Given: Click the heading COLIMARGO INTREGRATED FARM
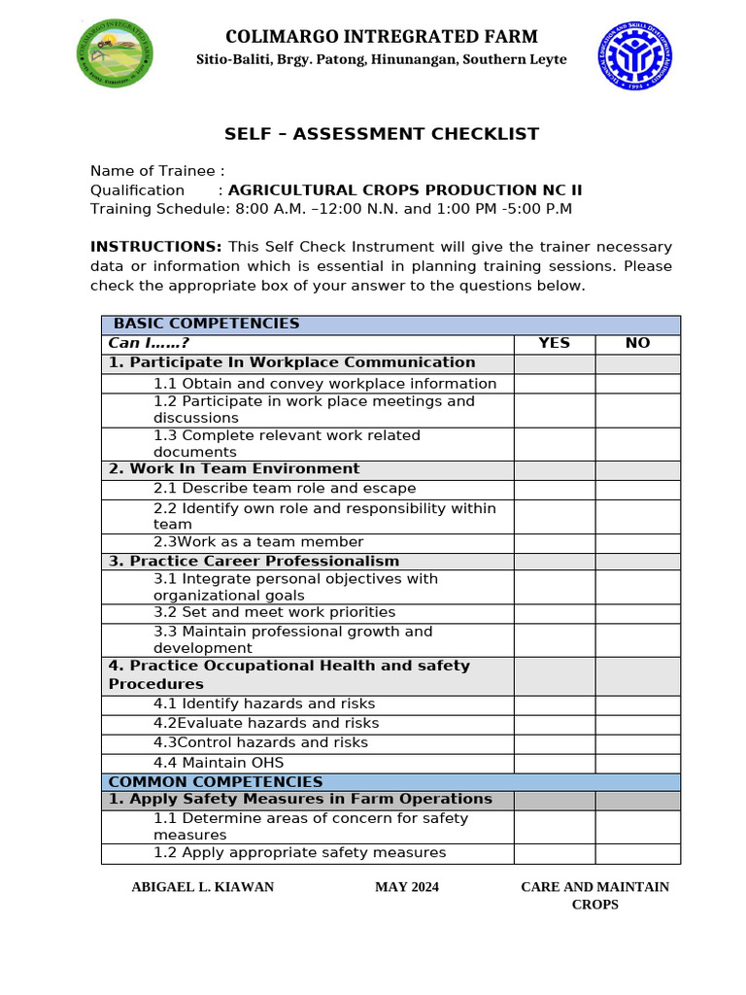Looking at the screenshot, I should click(x=381, y=37).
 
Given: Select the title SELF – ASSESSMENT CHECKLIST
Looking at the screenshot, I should click(x=382, y=134).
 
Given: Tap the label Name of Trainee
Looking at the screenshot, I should click(x=156, y=171).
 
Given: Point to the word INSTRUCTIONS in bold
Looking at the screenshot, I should click(x=155, y=247).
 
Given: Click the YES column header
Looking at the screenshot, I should click(x=554, y=343).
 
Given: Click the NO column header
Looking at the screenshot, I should click(x=637, y=343).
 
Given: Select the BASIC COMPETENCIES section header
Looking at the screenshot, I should click(x=206, y=324).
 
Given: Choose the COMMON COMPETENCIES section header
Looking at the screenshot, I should click(x=215, y=781).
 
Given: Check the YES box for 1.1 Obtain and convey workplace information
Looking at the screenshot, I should click(x=554, y=383).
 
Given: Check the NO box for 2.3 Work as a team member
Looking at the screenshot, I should click(x=637, y=542).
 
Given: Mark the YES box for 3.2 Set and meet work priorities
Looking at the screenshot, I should click(x=554, y=613).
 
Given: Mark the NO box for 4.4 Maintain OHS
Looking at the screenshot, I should click(x=637, y=763).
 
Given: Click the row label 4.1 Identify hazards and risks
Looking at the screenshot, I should click(x=263, y=704).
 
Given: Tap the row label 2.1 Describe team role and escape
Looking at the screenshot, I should click(x=284, y=489).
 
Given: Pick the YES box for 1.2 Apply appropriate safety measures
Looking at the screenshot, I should click(x=554, y=853).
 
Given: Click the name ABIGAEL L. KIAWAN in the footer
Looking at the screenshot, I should click(x=202, y=887).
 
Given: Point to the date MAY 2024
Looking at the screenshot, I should click(x=406, y=887).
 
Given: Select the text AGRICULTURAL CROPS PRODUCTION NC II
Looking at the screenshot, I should click(x=404, y=190).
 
